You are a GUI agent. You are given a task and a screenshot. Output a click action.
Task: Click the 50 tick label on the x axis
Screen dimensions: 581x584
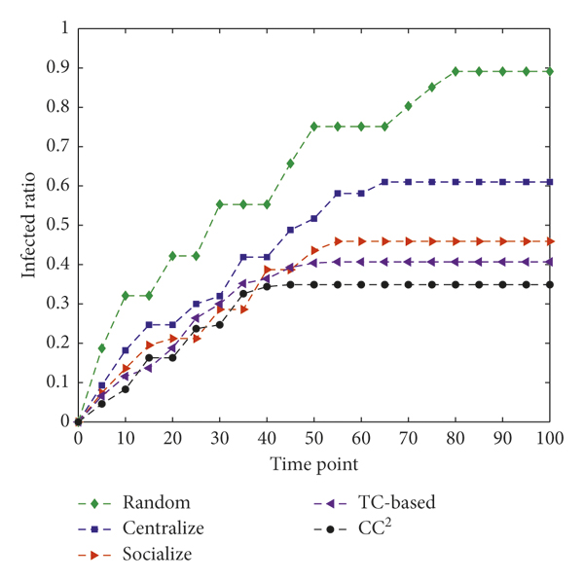click(313, 439)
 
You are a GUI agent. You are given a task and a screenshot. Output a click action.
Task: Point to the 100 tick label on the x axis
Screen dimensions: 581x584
click(549, 439)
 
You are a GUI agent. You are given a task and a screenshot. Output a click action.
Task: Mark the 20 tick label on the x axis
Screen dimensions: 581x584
click(172, 439)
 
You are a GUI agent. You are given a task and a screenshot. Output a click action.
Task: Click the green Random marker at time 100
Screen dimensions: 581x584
click(550, 71)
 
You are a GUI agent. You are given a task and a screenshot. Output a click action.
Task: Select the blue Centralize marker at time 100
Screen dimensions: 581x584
click(550, 181)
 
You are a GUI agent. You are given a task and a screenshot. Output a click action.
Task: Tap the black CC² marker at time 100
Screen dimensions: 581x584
click(550, 284)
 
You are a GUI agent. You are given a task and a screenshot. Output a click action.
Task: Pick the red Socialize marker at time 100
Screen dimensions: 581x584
click(550, 240)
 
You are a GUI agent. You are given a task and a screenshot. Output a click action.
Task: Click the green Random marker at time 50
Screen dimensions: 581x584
click(314, 127)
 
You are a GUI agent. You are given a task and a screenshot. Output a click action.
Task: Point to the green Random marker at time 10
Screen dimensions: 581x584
click(126, 295)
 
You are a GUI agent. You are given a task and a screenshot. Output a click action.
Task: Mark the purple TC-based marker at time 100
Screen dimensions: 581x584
click(550, 261)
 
